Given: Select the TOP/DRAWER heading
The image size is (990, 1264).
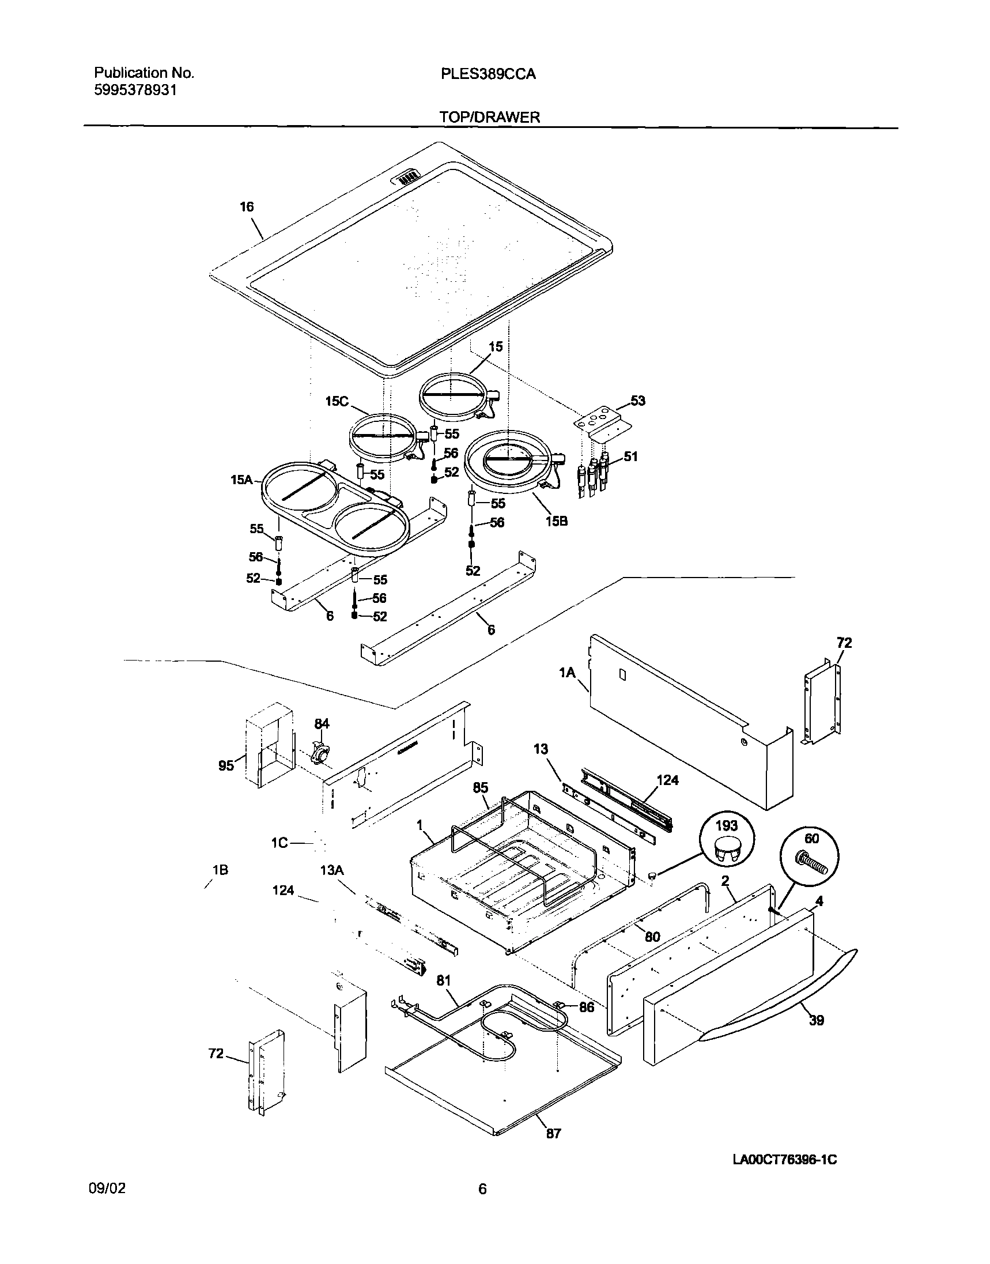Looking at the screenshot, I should point(489,117).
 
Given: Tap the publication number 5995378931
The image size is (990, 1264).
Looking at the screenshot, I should point(135,90).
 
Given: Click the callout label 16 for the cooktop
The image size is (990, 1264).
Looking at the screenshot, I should point(247,207).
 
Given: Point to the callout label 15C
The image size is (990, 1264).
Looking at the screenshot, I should point(337,401).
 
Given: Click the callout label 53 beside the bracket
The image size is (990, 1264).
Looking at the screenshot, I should point(637,401).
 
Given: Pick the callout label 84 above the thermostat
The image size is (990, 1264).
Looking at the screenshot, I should point(322,723).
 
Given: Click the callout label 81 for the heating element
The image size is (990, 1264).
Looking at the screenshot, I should point(443,980).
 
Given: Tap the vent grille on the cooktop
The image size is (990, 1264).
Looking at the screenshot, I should point(408,177).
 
